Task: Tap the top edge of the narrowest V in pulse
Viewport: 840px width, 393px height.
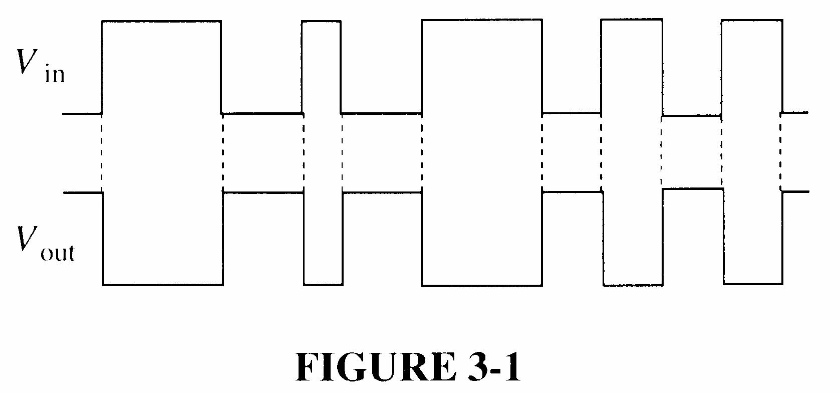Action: point(321,21)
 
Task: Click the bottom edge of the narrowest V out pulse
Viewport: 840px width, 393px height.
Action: point(324,285)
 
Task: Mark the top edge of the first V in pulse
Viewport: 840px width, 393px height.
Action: point(161,21)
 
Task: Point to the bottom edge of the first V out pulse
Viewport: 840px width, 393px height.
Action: point(163,285)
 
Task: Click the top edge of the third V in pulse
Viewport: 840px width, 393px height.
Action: point(482,20)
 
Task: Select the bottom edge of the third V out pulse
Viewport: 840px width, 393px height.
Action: point(482,285)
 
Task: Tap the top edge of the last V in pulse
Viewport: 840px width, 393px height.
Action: point(751,21)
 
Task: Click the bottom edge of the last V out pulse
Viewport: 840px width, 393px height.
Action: point(753,284)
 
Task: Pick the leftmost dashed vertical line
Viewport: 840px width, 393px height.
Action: point(102,152)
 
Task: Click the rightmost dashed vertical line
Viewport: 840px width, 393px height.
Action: point(780,152)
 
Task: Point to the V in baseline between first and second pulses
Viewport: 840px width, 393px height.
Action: point(261,113)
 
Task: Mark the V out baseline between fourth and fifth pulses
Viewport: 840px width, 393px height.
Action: point(692,189)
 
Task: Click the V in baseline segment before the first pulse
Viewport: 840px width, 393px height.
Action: point(82,114)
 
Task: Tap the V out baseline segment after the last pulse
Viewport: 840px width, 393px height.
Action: point(795,191)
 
